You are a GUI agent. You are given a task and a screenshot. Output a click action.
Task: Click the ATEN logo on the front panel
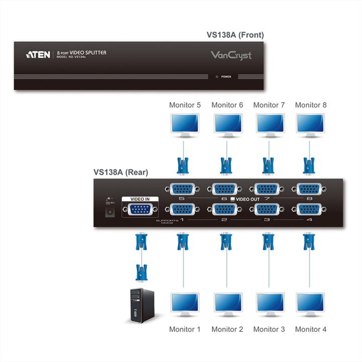pos(38,54)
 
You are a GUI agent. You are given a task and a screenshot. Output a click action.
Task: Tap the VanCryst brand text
pos(231,55)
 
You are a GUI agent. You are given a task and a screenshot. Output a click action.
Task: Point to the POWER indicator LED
pos(217,77)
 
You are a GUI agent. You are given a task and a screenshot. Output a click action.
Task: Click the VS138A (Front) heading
pos(235,35)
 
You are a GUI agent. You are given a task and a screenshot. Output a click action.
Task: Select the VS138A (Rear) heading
pos(121,171)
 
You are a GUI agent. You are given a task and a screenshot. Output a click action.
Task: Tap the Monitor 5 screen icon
pos(185,124)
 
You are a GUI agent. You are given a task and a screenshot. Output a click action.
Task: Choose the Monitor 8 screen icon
pos(310,124)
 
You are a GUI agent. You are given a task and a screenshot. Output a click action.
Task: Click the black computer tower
pos(140,305)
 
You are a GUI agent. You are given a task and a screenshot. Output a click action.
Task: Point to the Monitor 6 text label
pos(227,105)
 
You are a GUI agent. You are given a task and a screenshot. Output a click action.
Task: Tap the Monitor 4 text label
pos(311,329)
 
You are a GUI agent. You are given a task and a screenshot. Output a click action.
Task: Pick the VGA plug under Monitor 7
pos(268,164)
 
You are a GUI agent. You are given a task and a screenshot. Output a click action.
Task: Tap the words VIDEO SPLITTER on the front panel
pos(88,53)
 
